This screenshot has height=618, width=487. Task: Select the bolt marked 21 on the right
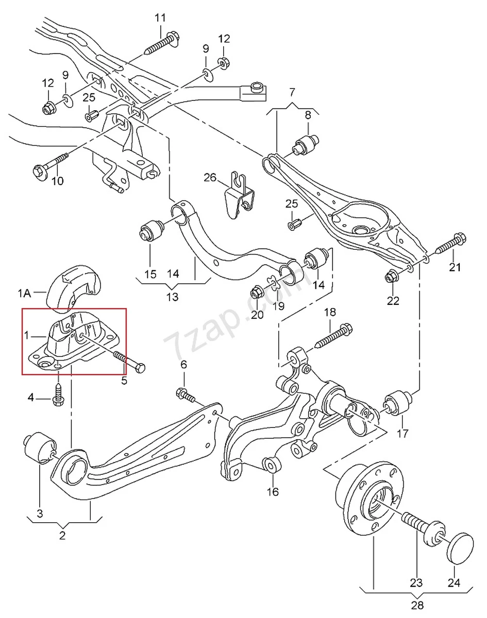(x=451, y=243)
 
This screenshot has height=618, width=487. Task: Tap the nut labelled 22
(x=392, y=276)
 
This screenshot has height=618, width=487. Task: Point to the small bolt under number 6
(x=186, y=395)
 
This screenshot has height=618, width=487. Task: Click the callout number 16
(x=273, y=492)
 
